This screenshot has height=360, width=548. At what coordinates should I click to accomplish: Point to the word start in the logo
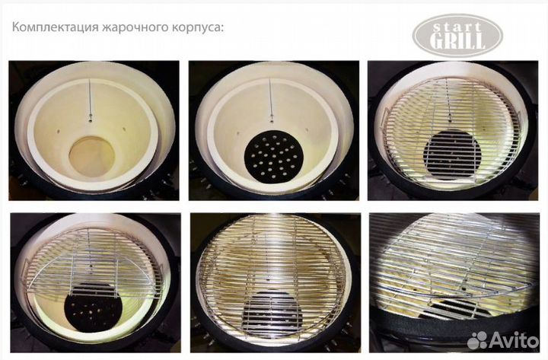[x=458, y=26]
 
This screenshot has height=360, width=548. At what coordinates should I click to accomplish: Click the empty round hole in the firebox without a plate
[x=91, y=156]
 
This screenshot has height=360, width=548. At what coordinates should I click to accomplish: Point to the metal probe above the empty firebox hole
[x=90, y=99]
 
